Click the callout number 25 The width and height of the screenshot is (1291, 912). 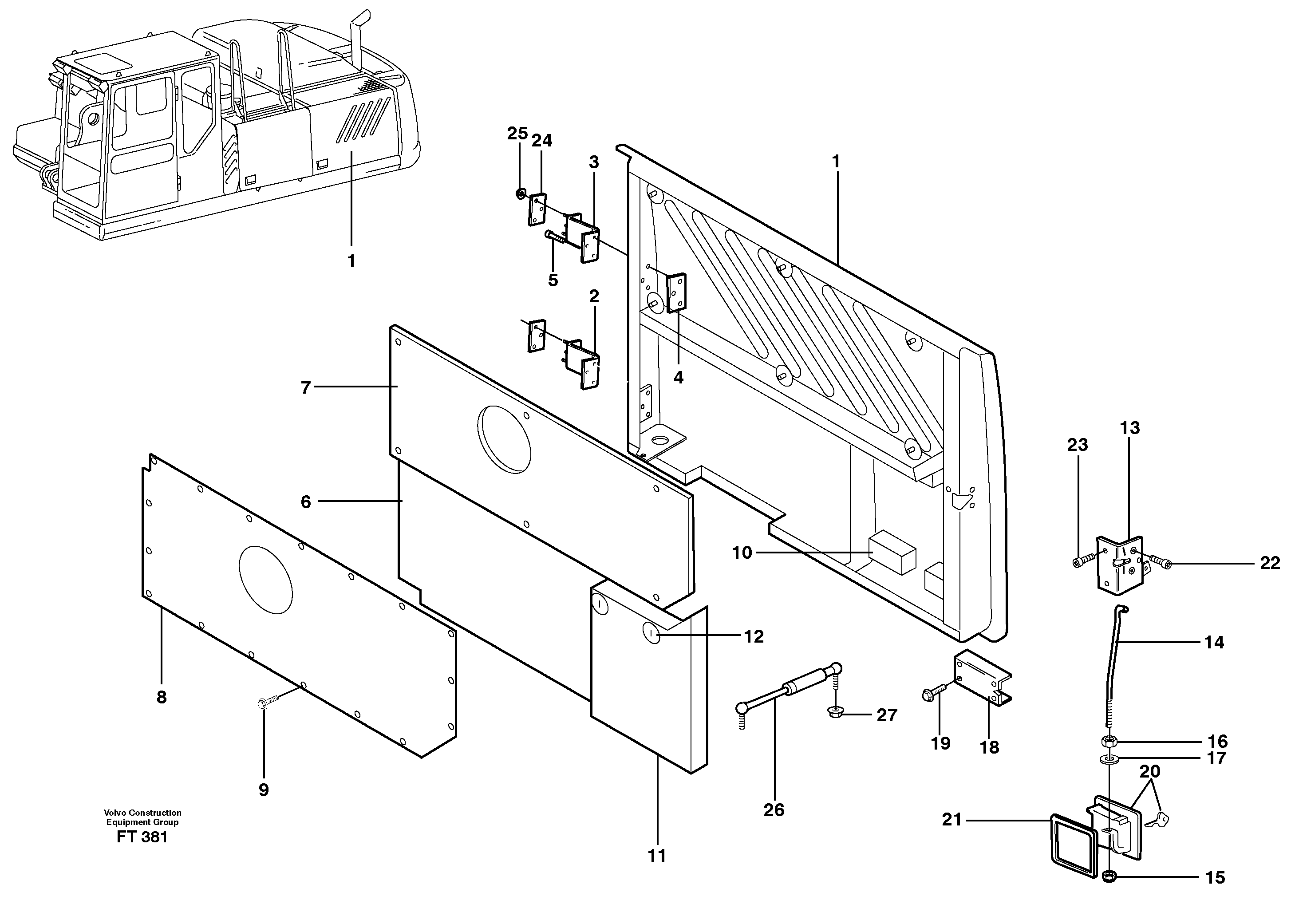[517, 134]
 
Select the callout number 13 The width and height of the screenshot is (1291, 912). [1129, 428]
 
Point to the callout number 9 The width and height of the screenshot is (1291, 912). [264, 790]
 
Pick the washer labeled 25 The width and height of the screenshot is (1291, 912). [521, 194]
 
